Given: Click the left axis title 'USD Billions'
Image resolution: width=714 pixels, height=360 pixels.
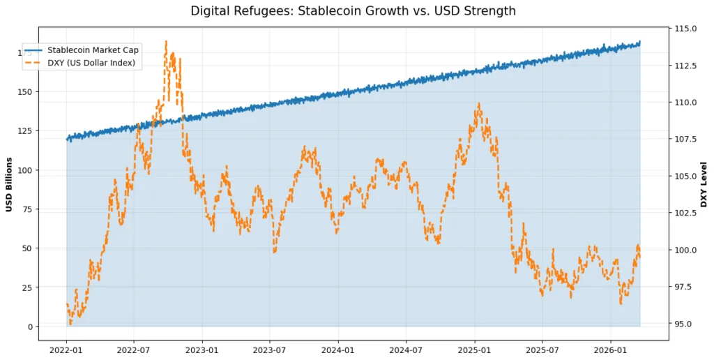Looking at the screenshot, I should click(10, 184).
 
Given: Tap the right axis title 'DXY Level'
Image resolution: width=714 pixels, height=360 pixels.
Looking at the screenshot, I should click(704, 184).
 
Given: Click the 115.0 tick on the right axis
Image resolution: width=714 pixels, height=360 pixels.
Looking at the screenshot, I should click(686, 29).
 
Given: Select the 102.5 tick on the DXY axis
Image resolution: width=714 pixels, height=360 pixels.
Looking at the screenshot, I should click(686, 213).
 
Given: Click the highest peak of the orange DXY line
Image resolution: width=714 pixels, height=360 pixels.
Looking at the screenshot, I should click(166, 41).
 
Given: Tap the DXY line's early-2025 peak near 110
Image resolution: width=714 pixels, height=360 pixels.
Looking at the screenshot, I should click(479, 104).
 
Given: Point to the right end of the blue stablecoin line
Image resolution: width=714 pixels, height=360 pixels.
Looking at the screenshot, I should click(639, 43).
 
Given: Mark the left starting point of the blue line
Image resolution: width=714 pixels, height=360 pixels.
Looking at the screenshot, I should click(67, 140).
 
